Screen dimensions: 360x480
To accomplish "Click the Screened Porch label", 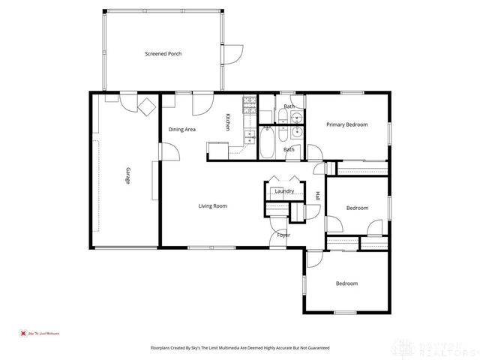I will pyautogui.click(x=163, y=54).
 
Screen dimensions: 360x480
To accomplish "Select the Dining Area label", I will pyautogui.click(x=181, y=130).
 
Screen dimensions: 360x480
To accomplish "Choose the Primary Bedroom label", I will pyautogui.click(x=346, y=124).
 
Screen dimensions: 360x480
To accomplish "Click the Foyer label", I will pyautogui.click(x=283, y=235).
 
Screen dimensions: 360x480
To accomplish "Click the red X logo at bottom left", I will pyautogui.click(x=22, y=332).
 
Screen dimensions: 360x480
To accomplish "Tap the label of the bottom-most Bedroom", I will pyautogui.click(x=346, y=283).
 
